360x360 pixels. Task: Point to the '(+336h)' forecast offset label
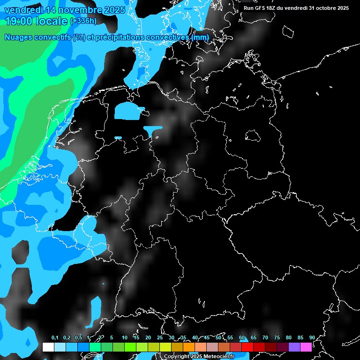pos(83,21)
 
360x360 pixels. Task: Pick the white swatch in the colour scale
pos(48,347)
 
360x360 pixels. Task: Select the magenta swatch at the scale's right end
pos(306,347)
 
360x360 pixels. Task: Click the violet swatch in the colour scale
pos(294,347)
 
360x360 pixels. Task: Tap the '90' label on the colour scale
pos(312,337)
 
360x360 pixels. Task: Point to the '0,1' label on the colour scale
pos(54,337)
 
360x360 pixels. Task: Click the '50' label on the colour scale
pos(218,337)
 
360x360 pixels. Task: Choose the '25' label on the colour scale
pos(160,337)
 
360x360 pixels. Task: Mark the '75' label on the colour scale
pos(277,337)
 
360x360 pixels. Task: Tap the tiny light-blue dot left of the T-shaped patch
pos(118,138)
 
